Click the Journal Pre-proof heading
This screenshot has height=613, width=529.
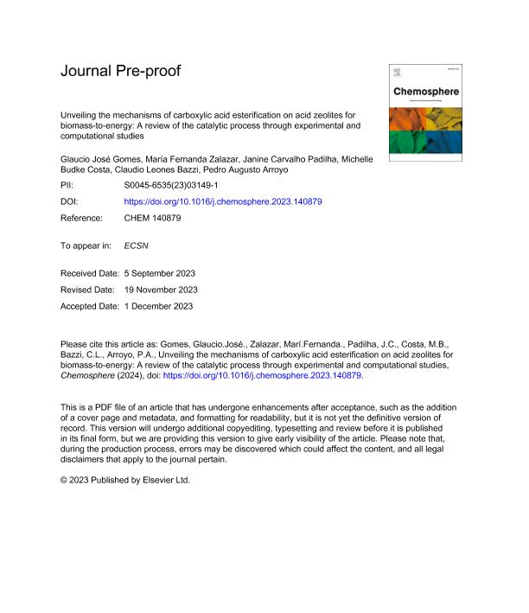pyautogui.click(x=120, y=71)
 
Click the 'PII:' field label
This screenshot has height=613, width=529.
pyautogui.click(x=68, y=186)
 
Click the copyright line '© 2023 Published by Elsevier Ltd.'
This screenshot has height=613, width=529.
pyautogui.click(x=124, y=479)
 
